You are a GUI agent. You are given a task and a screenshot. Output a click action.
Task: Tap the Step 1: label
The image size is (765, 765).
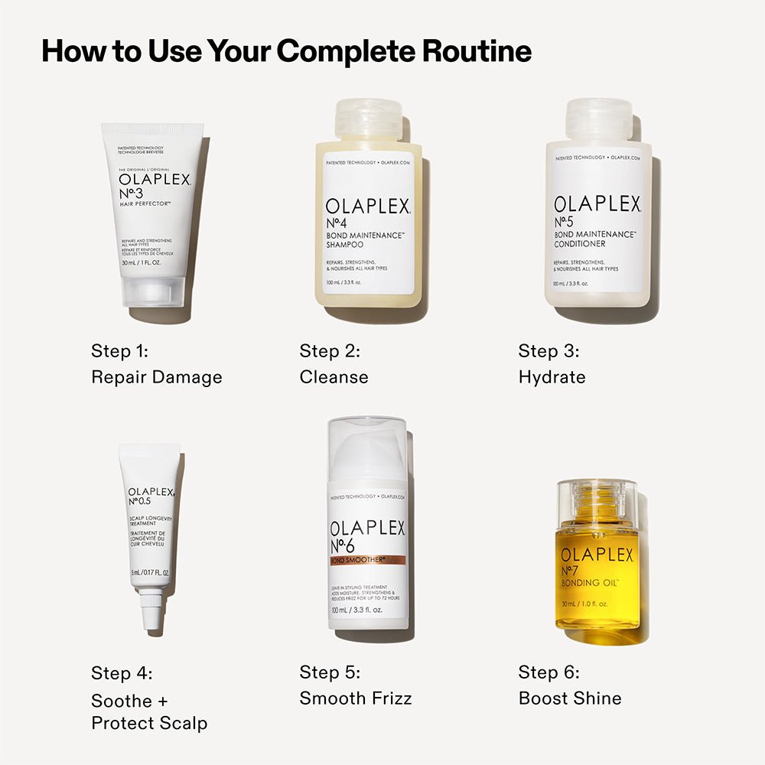[119, 351]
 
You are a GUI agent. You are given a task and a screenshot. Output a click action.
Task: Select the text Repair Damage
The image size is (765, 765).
[157, 377]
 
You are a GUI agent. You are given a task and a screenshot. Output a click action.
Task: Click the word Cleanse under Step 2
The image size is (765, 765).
[334, 377]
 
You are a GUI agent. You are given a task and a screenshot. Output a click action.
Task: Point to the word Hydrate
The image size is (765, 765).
[552, 377]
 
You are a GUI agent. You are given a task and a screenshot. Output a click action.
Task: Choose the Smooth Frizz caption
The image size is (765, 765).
[356, 698]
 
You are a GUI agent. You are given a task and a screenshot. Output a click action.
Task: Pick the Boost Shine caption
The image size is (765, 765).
[570, 698]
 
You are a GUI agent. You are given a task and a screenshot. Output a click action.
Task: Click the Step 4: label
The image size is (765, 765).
[122, 673]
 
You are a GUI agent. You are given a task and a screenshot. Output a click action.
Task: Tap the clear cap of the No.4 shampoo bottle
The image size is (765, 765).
[369, 120]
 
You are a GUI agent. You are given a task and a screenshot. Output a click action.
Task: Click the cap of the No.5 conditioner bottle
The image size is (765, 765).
[598, 120]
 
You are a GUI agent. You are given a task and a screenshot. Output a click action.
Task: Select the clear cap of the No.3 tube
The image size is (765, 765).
[153, 291]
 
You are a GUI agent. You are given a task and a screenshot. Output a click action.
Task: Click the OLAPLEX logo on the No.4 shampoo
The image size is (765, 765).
[368, 205]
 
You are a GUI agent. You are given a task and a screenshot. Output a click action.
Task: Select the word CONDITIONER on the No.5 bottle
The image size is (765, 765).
[579, 244]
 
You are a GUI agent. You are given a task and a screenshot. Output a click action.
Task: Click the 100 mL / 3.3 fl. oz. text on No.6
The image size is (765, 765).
[360, 610]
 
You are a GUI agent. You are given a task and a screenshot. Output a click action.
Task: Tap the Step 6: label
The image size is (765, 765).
[549, 672]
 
